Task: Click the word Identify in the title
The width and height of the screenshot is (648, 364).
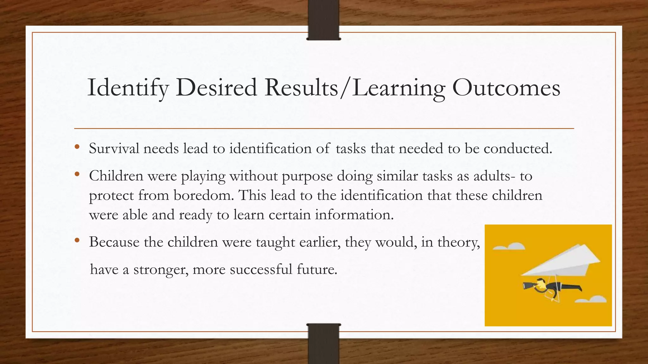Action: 128,88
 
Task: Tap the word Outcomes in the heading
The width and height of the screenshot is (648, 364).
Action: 506,88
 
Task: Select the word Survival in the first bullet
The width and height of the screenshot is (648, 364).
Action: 114,149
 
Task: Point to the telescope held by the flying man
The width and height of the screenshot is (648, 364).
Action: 529,286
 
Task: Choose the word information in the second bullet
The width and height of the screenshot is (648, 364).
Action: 354,215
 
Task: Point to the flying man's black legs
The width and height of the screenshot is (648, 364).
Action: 570,287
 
